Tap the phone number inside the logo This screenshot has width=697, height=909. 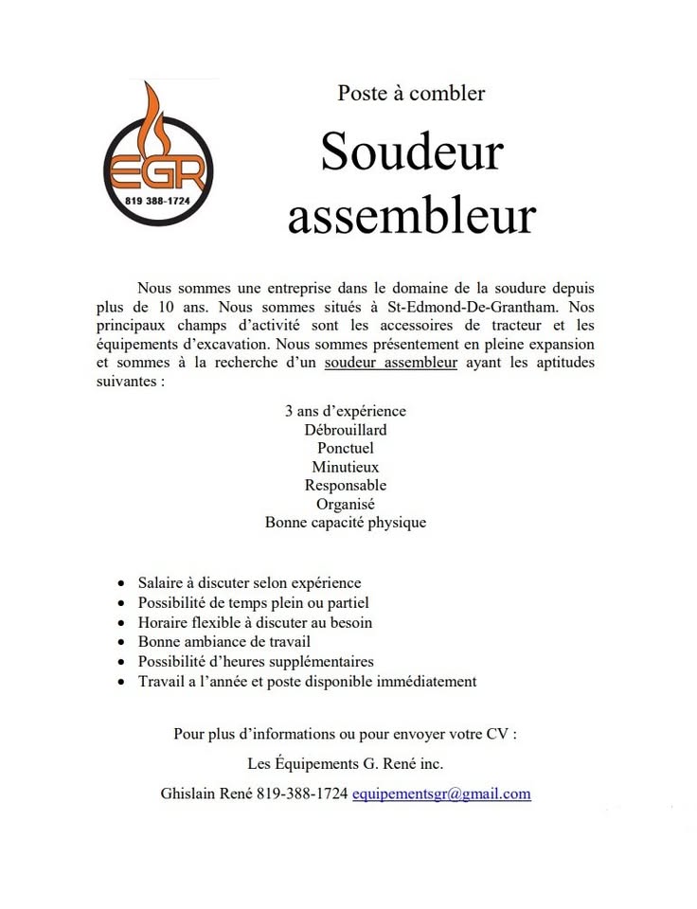pos(158,202)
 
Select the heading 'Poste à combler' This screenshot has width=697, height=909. pos(411,93)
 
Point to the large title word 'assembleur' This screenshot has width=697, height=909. pos(411,216)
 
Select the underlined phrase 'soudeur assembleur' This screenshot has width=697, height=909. pos(390,363)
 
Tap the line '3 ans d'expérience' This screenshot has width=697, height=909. pos(345,411)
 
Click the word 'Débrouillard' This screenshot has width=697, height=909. pos(345,430)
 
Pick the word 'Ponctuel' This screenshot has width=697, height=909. pos(345,448)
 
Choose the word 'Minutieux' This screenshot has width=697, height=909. pos(345,467)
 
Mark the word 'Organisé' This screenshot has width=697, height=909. pos(345,504)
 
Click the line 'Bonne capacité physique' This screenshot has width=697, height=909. pos(345,522)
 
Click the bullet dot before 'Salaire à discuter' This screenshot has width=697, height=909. pos(120,584)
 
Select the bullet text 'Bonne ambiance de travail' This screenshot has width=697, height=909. pos(223,642)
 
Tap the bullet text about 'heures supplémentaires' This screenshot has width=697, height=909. pos(256,662)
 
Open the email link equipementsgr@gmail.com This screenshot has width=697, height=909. pos(441,794)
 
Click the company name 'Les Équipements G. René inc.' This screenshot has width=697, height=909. pos(345,763)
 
